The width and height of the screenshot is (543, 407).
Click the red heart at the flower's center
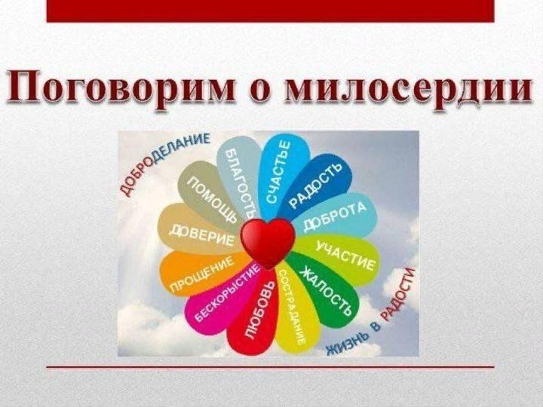[x=268, y=243]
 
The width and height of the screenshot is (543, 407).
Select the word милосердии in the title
[x=409, y=86]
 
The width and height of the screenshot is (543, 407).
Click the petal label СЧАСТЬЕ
[x=278, y=173]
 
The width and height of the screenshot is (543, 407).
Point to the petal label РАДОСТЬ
[x=314, y=185]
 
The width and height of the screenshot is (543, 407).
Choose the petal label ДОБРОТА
[x=335, y=216]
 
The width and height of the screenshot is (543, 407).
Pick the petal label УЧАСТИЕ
[x=345, y=256]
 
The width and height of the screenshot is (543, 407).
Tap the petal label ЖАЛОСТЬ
[x=326, y=292]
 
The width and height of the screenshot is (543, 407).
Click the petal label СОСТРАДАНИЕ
[x=293, y=307]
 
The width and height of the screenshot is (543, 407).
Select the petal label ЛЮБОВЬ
[x=259, y=309]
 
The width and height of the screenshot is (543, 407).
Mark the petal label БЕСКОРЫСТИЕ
[x=226, y=292]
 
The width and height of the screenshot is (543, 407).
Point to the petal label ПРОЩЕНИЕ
[x=201, y=274]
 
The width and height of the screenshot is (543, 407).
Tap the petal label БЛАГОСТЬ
[x=241, y=182]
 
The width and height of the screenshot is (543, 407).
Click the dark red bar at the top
[x=271, y=11]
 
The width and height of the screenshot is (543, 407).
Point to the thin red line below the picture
[x=271, y=366]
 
